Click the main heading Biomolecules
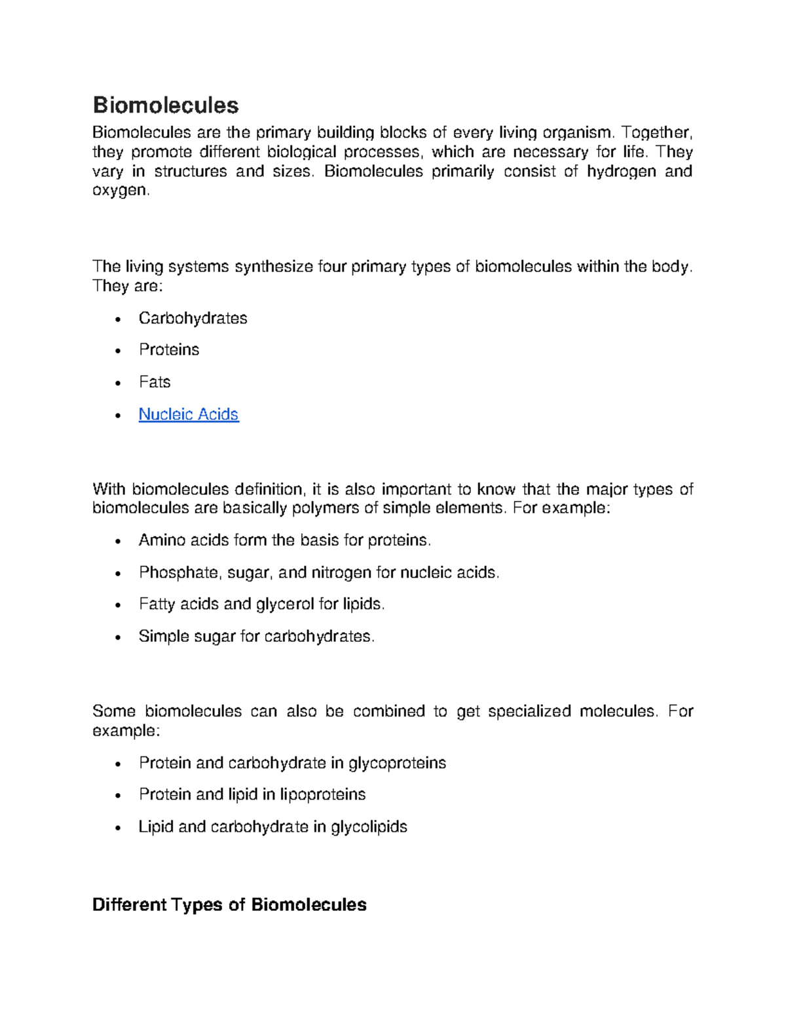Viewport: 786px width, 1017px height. point(166,105)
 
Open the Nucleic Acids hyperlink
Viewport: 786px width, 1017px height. point(189,415)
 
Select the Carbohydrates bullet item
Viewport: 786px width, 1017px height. point(193,318)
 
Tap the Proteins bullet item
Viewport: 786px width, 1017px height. point(169,350)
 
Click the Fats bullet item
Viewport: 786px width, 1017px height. point(155,382)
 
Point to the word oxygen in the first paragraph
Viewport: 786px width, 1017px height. point(120,191)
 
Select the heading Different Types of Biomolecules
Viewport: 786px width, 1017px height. point(229,905)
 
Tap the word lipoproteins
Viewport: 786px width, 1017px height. point(323,794)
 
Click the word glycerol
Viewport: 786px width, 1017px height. point(285,604)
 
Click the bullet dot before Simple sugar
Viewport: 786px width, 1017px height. point(118,637)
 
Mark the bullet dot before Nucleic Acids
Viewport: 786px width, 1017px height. point(118,416)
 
